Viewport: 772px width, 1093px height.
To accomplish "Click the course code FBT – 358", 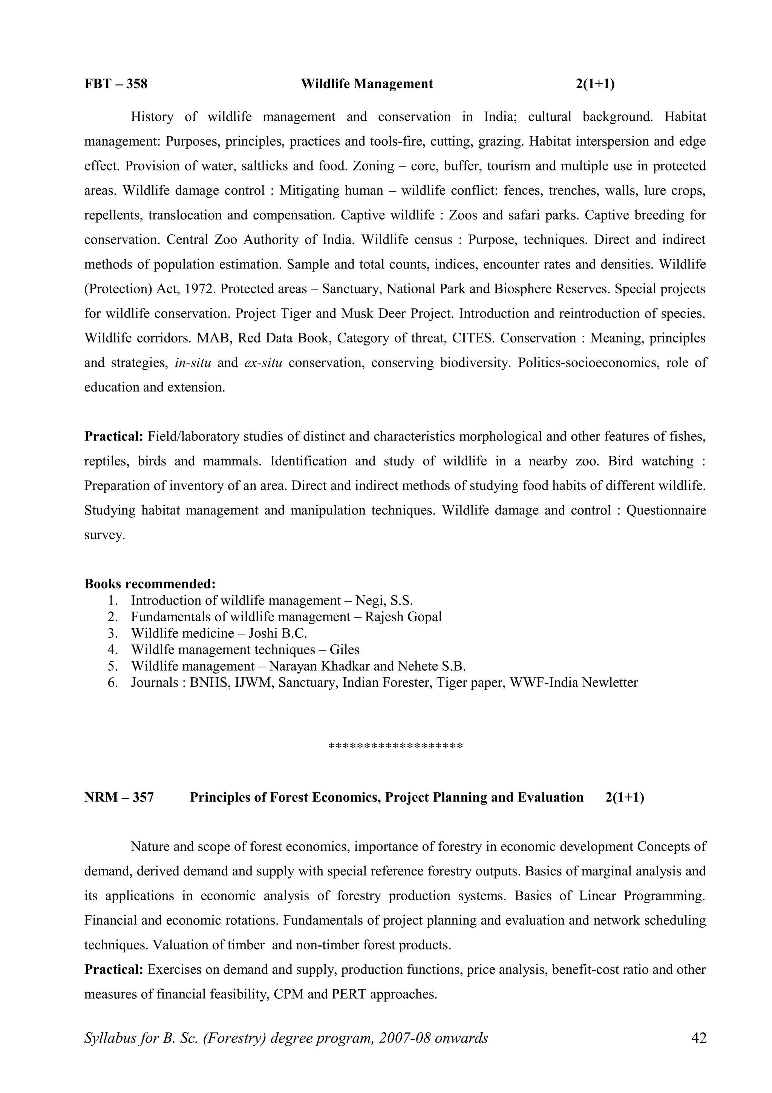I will pyautogui.click(x=116, y=84).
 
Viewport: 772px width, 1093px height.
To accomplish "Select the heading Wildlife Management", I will pyautogui.click(x=367, y=84).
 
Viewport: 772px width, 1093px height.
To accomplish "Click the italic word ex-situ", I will pyautogui.click(x=263, y=363).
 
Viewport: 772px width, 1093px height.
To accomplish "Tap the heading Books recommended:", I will pyautogui.click(x=150, y=583).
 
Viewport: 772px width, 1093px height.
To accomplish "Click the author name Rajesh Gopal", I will pyautogui.click(x=403, y=617).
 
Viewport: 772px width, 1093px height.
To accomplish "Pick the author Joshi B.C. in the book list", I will pyautogui.click(x=278, y=633).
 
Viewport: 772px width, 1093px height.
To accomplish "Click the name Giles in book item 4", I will pyautogui.click(x=345, y=650).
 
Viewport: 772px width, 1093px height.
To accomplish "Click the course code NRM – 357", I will pyautogui.click(x=119, y=797).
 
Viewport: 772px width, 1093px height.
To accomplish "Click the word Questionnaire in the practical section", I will pyautogui.click(x=666, y=510).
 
